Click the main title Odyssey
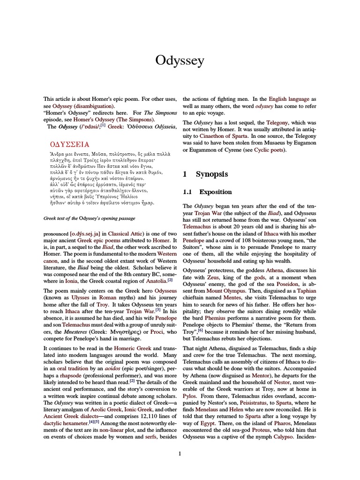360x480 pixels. click(180, 60)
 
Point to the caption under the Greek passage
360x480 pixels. click(89, 218)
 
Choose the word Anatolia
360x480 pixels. click(153, 280)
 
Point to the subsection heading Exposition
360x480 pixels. click(216, 192)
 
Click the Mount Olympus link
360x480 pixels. click(219, 291)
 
